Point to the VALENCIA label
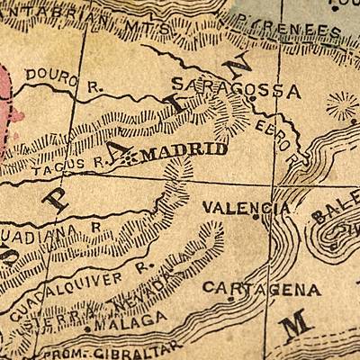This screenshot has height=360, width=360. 245,207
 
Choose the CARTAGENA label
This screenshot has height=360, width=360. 261,289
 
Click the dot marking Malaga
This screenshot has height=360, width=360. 87,328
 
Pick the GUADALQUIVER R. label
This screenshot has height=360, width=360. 81,289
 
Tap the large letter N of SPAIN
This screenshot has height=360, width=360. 239,69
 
